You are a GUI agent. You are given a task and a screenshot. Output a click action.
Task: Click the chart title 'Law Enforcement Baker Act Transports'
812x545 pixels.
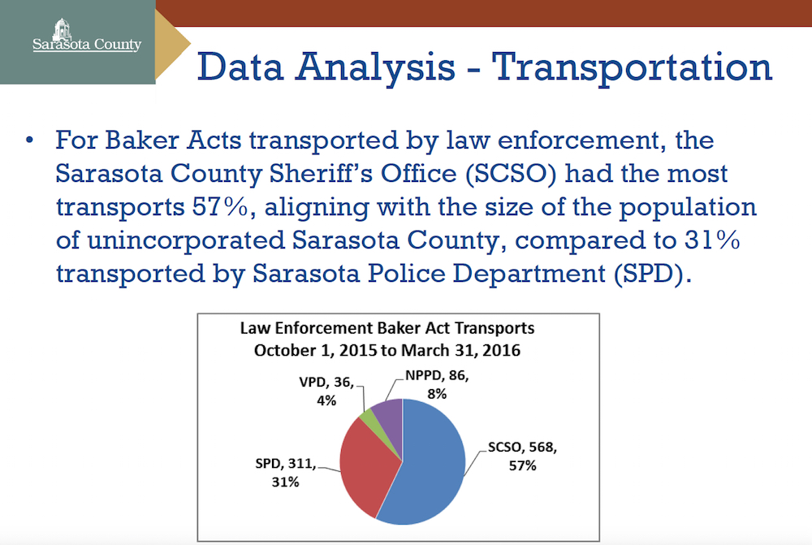[x=397, y=329]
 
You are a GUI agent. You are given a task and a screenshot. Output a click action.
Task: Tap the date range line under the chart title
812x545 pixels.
[x=397, y=351]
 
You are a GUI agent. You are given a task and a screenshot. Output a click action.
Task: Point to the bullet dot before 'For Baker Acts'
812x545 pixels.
[x=30, y=141]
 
